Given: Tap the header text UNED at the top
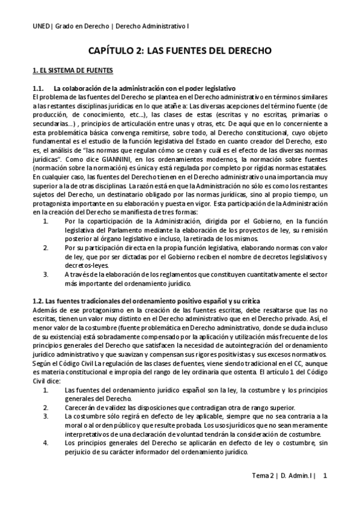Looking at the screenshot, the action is click(x=41, y=26).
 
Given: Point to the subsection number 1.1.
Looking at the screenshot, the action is click(x=38, y=89).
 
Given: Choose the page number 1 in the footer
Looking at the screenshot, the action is click(x=325, y=476).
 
